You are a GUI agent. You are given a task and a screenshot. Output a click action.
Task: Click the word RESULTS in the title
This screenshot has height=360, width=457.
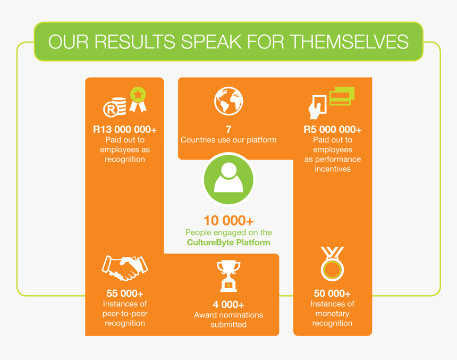[134, 41]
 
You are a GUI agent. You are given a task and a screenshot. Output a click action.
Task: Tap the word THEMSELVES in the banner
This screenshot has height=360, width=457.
[350, 41]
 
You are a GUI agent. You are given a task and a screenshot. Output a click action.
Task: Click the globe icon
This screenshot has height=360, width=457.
[228, 101]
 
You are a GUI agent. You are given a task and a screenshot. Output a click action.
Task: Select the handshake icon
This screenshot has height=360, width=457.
[125, 268]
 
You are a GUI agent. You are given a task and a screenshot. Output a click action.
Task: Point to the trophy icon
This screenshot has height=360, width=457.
[228, 276]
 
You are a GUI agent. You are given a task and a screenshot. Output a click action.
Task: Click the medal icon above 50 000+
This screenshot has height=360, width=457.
[332, 264]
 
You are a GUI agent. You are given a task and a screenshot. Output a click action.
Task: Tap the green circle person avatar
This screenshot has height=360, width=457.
[228, 179]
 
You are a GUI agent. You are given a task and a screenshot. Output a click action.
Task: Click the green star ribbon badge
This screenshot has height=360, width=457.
[138, 99]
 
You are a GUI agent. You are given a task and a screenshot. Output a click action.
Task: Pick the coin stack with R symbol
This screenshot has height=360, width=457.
[115, 107]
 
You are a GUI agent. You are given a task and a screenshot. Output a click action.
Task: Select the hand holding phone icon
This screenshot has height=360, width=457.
[317, 107]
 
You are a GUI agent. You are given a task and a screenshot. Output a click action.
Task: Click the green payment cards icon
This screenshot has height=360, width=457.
[342, 96]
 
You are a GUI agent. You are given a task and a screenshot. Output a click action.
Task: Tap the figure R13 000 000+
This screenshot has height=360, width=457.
[125, 129]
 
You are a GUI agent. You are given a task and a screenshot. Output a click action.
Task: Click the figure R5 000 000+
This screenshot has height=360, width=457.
[333, 129]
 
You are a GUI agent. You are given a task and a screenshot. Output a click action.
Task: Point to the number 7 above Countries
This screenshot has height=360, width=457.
[228, 129]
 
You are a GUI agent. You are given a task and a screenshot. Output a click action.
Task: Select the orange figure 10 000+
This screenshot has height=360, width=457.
[228, 221]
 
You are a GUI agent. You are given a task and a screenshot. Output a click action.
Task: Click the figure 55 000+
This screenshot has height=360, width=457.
[125, 293]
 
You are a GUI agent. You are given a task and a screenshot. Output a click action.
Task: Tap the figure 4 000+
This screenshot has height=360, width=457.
[228, 304]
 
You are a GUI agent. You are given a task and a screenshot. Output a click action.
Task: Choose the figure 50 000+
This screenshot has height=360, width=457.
[332, 293]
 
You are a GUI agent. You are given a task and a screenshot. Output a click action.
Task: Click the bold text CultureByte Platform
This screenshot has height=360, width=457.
[228, 242]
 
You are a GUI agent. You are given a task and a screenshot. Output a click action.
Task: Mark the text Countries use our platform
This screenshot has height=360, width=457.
[228, 140]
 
